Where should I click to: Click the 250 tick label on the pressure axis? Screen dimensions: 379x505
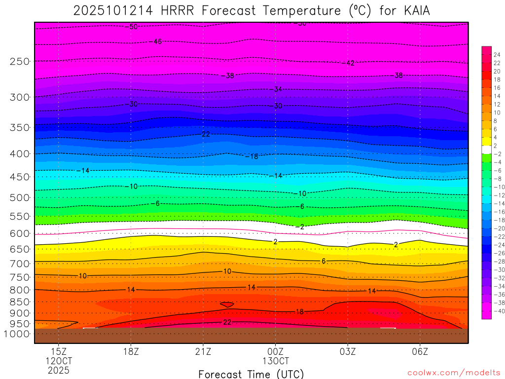click(20, 61)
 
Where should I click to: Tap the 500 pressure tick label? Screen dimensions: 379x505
click(20, 197)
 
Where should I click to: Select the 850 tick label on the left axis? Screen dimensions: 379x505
click(20, 302)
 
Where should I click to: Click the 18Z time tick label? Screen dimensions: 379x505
click(131, 351)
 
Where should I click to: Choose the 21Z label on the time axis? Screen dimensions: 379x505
click(203, 351)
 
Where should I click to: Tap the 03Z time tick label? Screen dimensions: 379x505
click(348, 351)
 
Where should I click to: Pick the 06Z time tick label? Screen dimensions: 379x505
click(420, 351)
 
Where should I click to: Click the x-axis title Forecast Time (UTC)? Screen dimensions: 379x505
click(251, 374)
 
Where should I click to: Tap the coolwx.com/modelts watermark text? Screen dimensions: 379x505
click(454, 373)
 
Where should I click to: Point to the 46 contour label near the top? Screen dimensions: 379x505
click(157, 42)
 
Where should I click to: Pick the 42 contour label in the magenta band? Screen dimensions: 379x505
click(349, 63)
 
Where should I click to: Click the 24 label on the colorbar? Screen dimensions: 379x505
click(496, 55)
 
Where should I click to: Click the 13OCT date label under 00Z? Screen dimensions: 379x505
click(275, 361)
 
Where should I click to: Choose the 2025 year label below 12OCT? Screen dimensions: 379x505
click(59, 370)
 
